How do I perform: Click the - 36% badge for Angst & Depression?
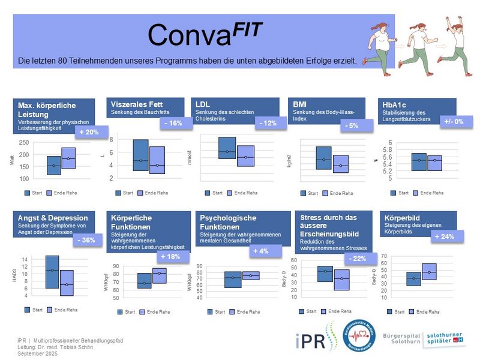click(88, 241)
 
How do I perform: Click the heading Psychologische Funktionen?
click(228, 222)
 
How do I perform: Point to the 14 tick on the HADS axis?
click(25, 260)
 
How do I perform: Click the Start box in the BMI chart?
click(323, 158)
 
